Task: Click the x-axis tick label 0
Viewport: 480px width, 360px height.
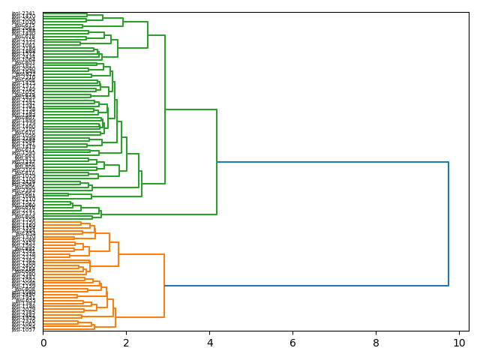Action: click(43, 342)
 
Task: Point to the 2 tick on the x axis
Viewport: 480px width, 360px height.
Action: click(126, 342)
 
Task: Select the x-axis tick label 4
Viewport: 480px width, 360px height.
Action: click(209, 342)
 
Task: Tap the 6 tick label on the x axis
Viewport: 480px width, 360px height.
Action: click(292, 342)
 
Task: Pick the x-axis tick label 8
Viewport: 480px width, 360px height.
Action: click(376, 342)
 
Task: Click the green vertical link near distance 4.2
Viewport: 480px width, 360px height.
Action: click(217, 162)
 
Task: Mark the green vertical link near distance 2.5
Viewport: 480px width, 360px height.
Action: click(148, 34)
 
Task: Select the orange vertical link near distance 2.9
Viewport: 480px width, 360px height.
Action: click(164, 286)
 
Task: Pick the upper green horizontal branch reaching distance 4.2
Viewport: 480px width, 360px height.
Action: click(190, 109)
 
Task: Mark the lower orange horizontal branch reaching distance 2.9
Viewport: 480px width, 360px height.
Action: click(139, 317)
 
